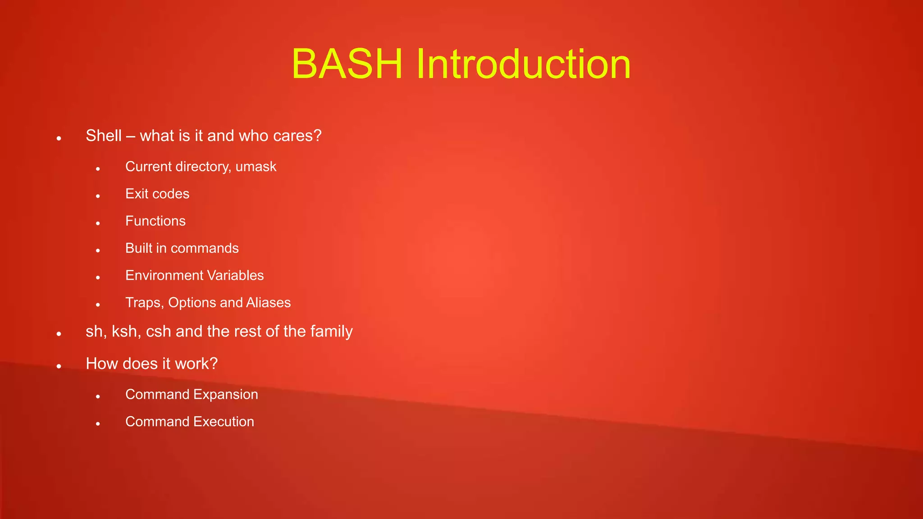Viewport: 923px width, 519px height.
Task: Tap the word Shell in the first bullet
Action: [104, 136]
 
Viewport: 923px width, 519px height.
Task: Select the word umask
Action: [256, 167]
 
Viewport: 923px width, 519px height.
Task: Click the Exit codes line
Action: [157, 194]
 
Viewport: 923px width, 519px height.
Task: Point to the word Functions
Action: [155, 221]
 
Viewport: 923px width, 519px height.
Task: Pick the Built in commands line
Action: [182, 248]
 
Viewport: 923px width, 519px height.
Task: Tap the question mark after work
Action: [214, 364]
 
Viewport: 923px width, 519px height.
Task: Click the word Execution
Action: [224, 422]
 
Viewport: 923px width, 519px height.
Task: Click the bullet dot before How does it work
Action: [59, 366]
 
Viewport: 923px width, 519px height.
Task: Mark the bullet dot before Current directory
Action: [98, 169]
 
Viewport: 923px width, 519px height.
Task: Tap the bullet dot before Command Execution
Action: [98, 424]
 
